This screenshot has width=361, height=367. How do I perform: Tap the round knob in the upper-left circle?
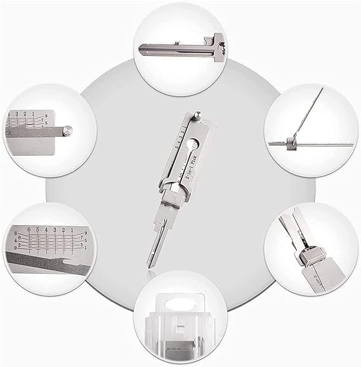(x=68, y=131)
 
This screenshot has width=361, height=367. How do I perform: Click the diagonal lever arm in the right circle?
(x=306, y=118)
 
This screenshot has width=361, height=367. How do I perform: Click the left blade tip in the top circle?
(x=138, y=45)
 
